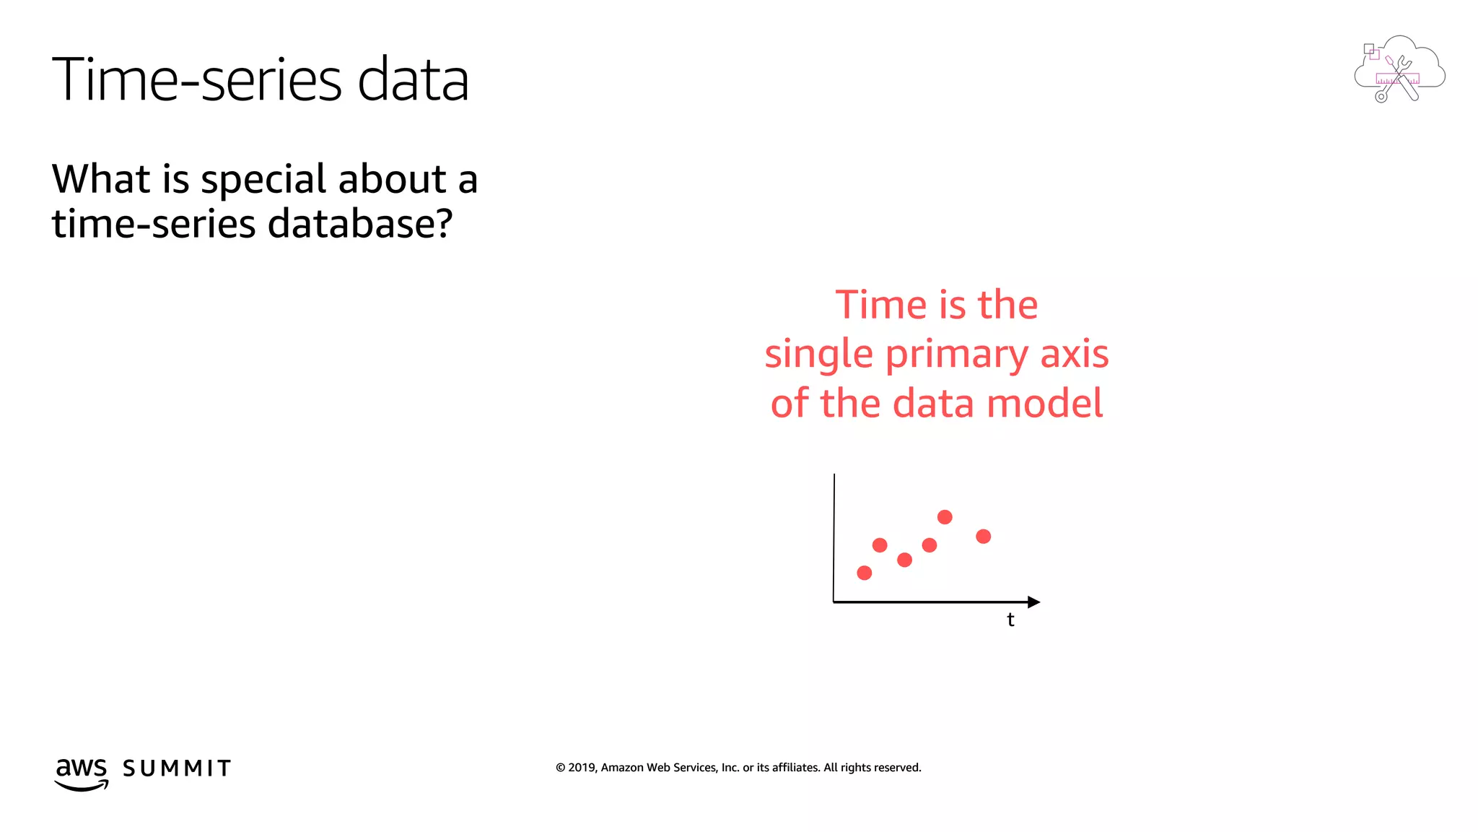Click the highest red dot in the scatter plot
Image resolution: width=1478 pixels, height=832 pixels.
point(945,517)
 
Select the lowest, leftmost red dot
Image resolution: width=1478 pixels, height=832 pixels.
point(864,573)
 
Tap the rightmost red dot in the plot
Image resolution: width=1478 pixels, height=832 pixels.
point(983,537)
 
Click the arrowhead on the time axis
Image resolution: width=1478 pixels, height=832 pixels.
point(1033,602)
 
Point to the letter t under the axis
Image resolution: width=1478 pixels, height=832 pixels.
point(1010,620)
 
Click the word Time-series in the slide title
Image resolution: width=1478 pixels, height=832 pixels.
point(197,79)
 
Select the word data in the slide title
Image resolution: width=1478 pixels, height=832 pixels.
point(413,79)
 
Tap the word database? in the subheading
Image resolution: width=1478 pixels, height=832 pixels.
point(359,224)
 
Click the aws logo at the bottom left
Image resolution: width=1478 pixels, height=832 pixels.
point(82,773)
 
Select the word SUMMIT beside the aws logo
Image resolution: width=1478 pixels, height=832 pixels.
point(177,768)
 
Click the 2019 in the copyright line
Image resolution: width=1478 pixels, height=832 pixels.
point(581,768)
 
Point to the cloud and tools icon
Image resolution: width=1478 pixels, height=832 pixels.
point(1399,70)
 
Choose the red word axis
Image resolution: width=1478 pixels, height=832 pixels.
point(1074,354)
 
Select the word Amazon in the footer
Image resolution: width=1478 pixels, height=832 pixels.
point(622,768)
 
